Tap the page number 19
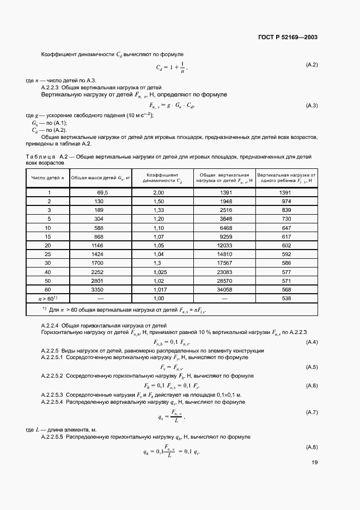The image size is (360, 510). [314, 462]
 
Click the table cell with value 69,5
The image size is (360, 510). [103, 192]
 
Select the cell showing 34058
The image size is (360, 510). [225, 290]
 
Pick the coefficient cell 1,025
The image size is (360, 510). [158, 271]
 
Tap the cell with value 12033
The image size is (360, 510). [225, 245]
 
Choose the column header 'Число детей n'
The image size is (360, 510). [48, 178]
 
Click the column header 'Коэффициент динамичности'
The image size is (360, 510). [158, 178]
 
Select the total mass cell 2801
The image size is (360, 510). [103, 281]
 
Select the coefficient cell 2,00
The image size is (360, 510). [158, 192]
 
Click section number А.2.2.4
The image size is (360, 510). [51, 325]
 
